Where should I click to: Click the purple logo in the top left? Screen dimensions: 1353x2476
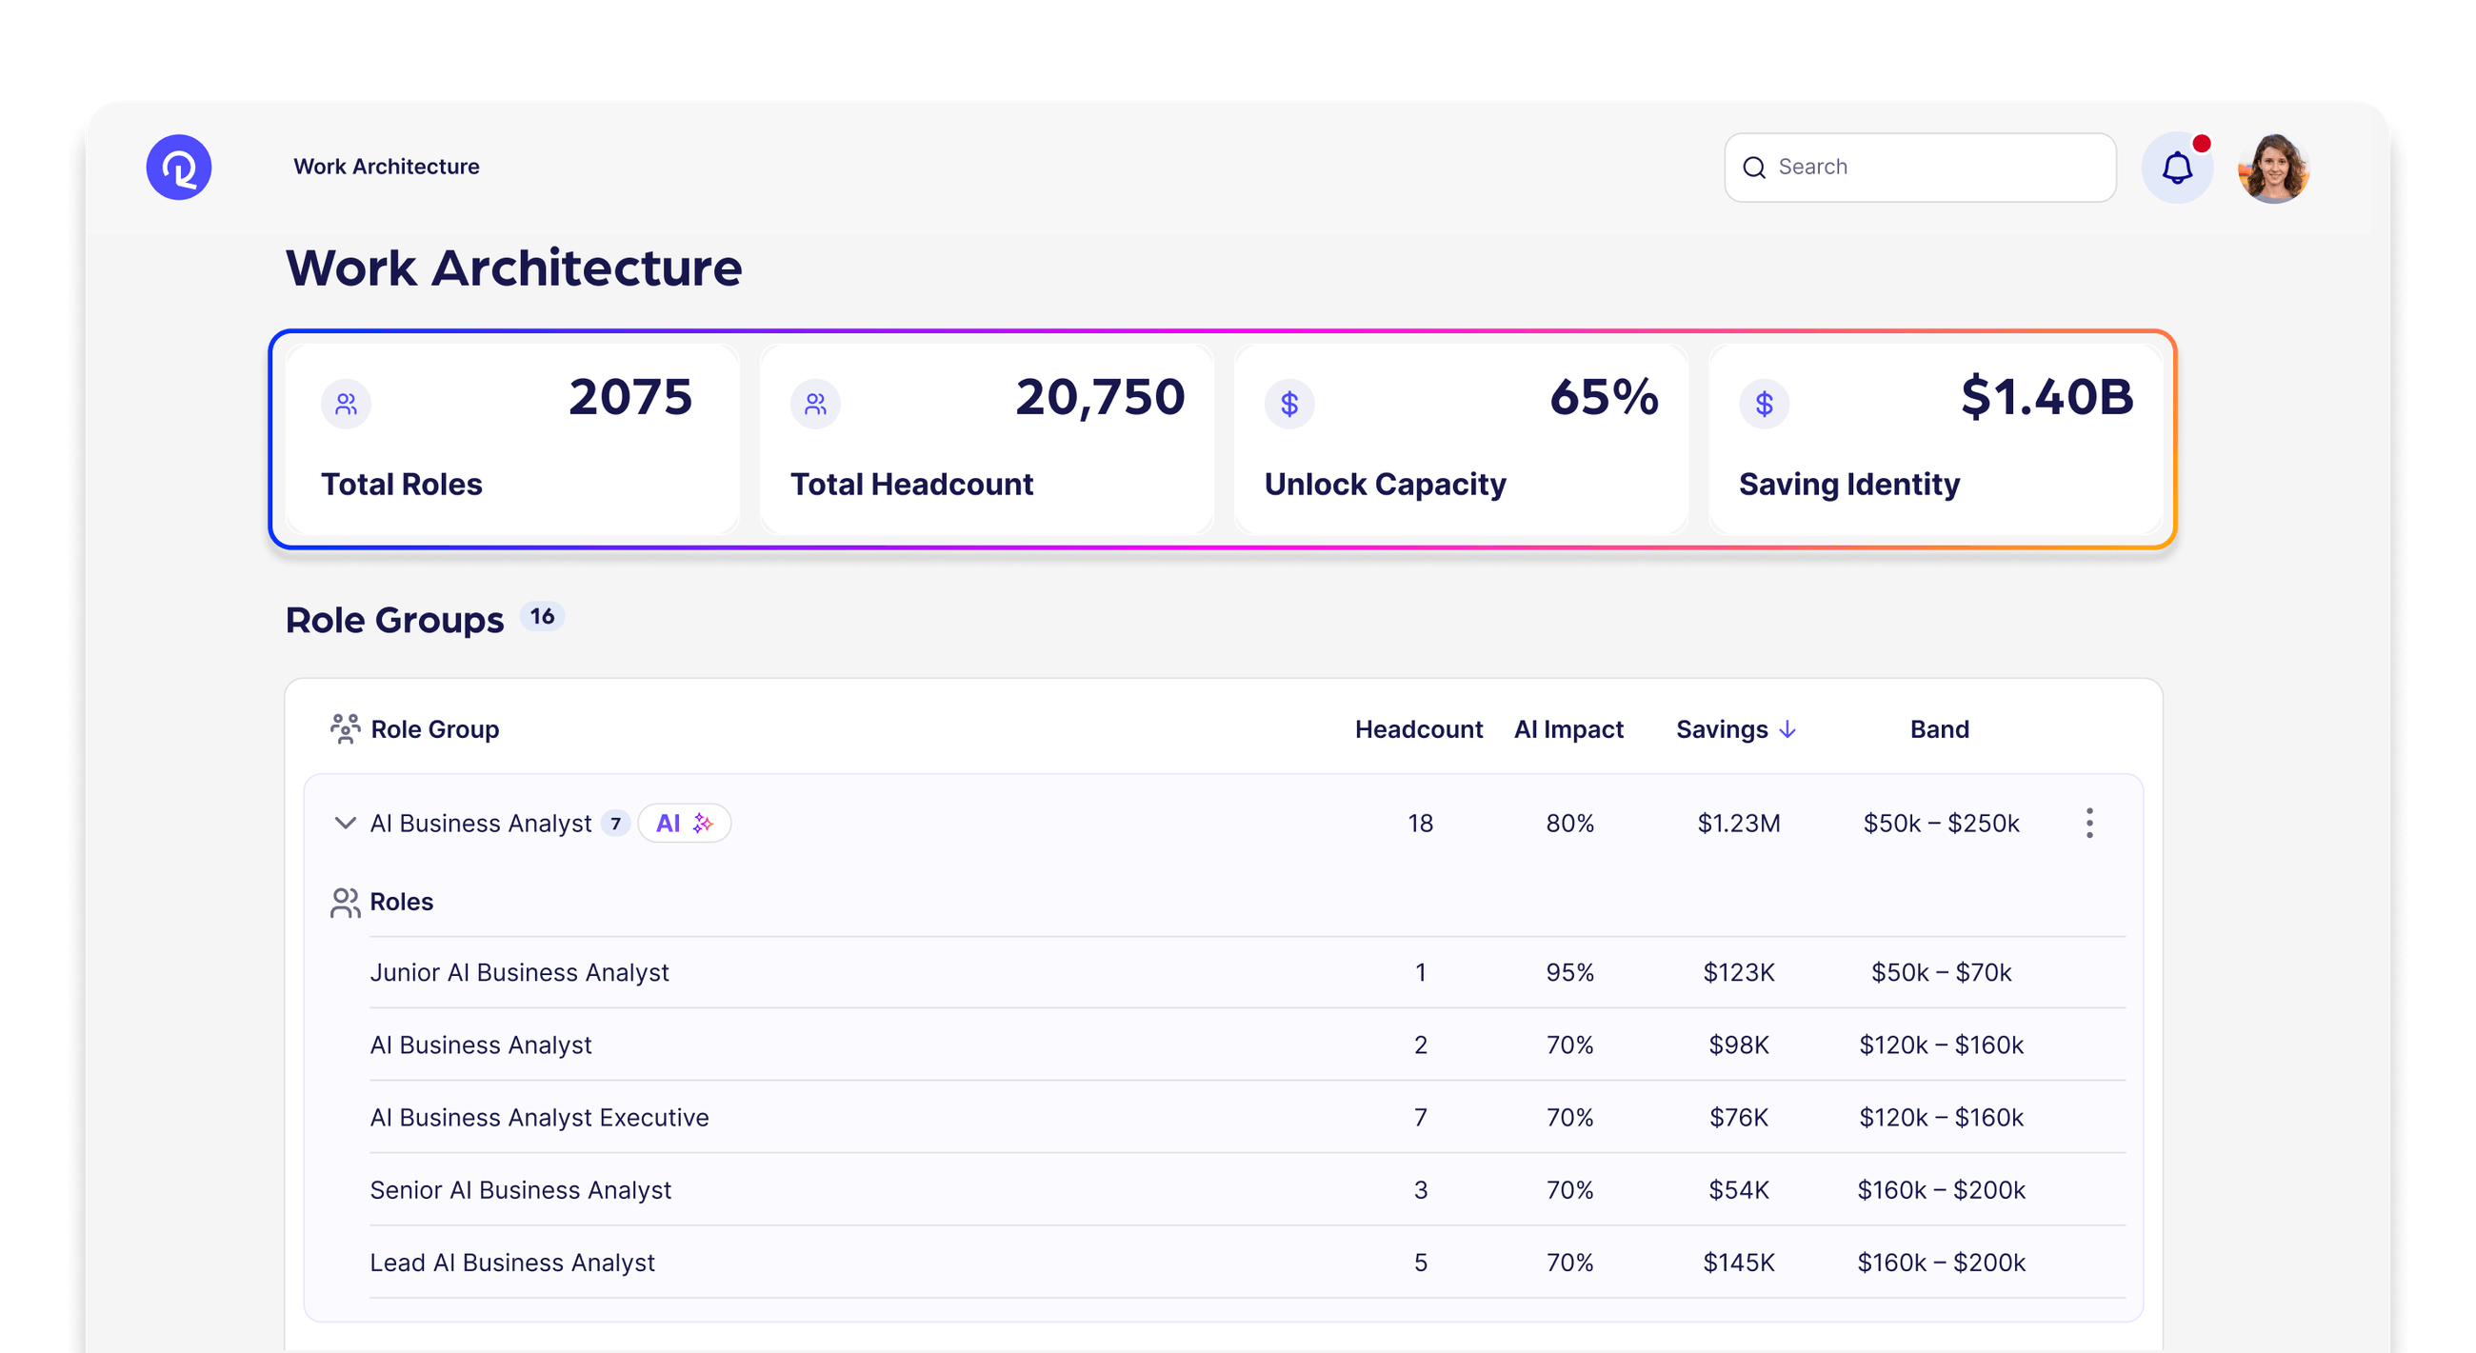179,168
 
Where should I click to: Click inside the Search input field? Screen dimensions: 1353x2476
1932,168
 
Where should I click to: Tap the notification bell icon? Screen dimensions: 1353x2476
2176,169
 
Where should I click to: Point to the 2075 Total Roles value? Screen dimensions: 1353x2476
629,397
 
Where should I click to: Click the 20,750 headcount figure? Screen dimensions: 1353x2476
1100,397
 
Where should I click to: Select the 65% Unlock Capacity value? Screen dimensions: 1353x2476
1604,397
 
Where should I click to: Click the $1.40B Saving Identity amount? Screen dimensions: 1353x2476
2047,397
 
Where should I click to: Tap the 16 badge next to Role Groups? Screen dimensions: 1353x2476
542,617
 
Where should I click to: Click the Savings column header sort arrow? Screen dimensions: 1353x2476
1787,729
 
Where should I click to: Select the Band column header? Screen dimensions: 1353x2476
1939,729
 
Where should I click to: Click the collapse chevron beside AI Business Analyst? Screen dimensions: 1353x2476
344,824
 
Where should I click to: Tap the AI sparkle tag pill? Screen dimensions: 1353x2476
684,824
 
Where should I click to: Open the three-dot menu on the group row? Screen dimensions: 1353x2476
2088,824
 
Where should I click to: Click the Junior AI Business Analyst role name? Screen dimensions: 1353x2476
519,972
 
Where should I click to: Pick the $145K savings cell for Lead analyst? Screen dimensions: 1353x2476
1738,1263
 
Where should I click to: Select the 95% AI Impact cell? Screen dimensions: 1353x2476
1568,972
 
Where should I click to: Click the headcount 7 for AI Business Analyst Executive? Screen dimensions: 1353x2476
1420,1118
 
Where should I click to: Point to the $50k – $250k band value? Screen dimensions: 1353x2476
1941,824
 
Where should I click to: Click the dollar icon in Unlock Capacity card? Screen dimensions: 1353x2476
1288,404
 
